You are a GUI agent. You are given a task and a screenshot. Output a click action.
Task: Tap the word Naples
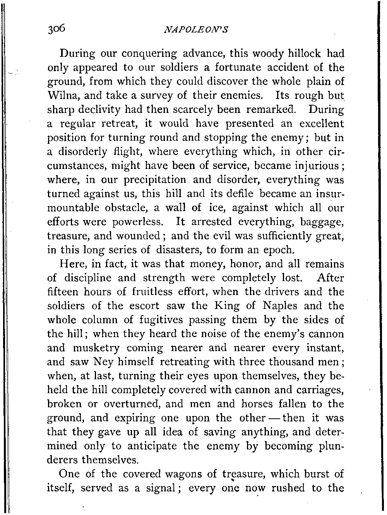point(279,306)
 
